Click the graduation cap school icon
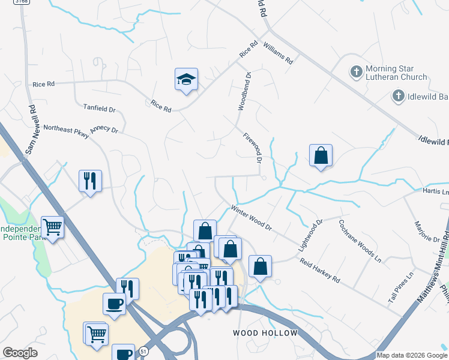click(186, 79)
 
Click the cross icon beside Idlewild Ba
click(398, 95)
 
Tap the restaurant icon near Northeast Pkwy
click(90, 180)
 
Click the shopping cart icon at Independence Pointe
click(53, 227)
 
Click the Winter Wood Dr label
click(252, 218)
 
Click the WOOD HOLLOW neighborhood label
click(265, 333)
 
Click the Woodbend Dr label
click(244, 91)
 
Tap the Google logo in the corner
click(20, 353)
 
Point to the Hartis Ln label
click(436, 192)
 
